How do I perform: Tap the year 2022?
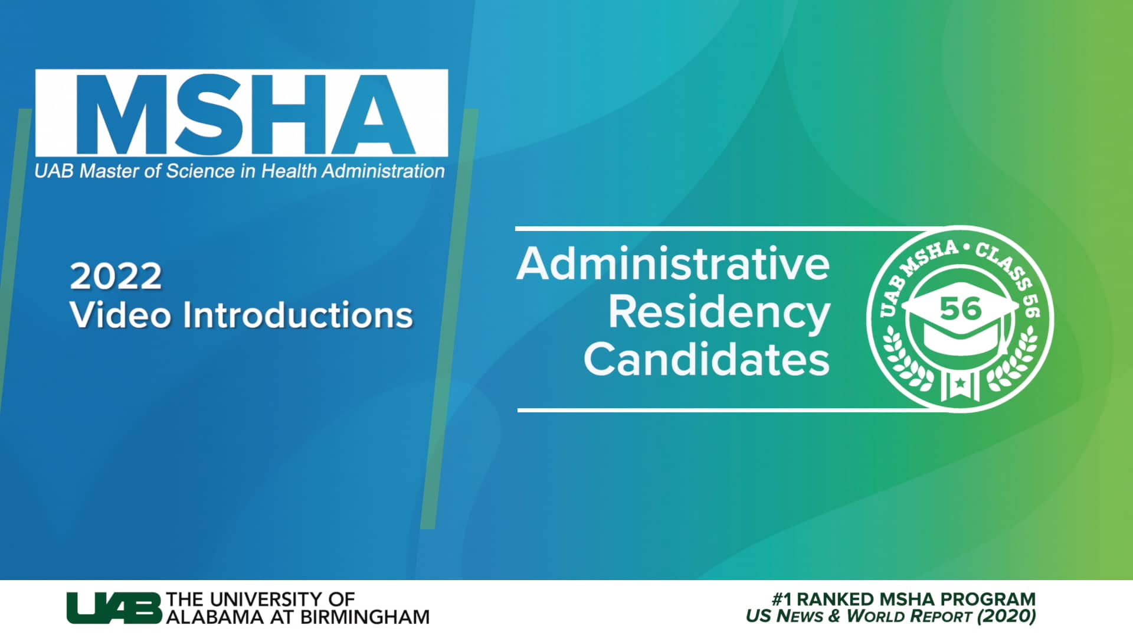coord(116,276)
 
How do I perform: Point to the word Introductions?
coord(297,314)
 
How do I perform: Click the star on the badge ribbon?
coord(960,383)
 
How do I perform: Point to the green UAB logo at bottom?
coord(113,608)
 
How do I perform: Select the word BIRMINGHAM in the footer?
coord(365,617)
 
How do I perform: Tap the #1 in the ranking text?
coord(782,599)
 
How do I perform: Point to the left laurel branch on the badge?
coord(903,360)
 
